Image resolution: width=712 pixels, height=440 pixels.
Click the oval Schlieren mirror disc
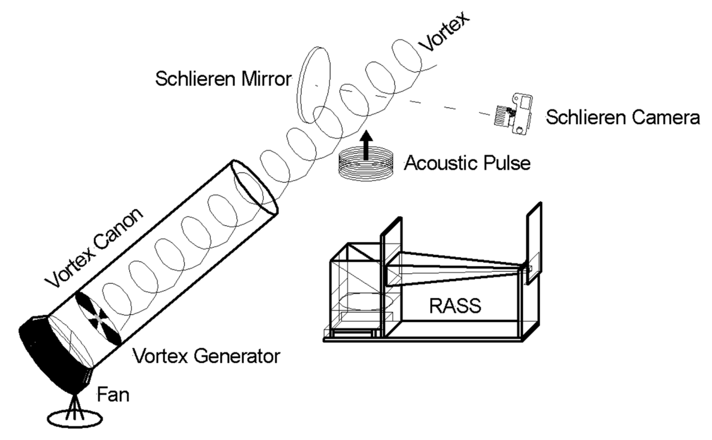tap(314, 84)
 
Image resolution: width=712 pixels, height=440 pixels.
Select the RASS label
tap(455, 306)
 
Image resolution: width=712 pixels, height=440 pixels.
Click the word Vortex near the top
tap(443, 32)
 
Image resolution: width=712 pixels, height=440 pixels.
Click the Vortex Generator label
tap(206, 356)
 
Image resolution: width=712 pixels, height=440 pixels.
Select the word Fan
tap(113, 395)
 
